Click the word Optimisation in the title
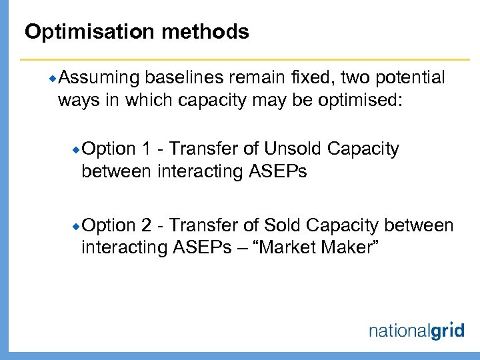pos(83,31)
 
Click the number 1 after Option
pos(146,149)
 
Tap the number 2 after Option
pos(146,225)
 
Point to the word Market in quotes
pos(291,248)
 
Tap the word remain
pos(255,78)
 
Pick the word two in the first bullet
pos(353,78)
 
